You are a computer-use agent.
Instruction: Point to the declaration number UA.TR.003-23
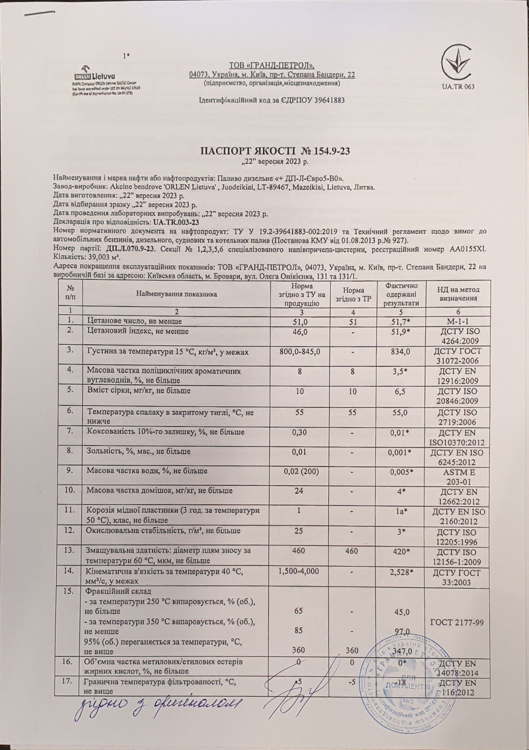click(176, 222)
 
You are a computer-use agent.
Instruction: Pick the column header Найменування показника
click(177, 294)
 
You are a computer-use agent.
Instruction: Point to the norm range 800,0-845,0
click(300, 352)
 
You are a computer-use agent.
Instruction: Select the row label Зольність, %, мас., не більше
click(139, 452)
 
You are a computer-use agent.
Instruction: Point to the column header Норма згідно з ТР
click(352, 294)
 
